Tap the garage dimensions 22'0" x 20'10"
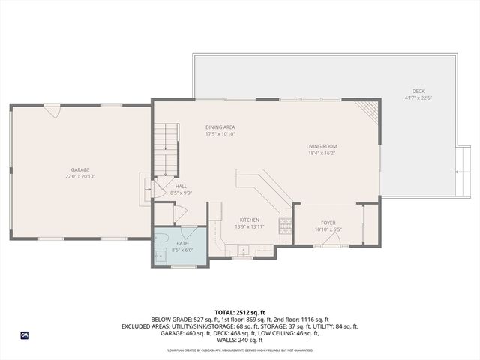(x=80, y=177)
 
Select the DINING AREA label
(x=220, y=127)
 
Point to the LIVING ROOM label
(x=322, y=146)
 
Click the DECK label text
(x=418, y=91)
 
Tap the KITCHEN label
(x=249, y=220)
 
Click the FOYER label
(x=328, y=223)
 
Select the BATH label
(x=183, y=244)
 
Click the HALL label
(x=181, y=186)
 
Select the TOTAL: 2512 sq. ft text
(x=240, y=312)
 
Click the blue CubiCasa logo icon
(x=24, y=335)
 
